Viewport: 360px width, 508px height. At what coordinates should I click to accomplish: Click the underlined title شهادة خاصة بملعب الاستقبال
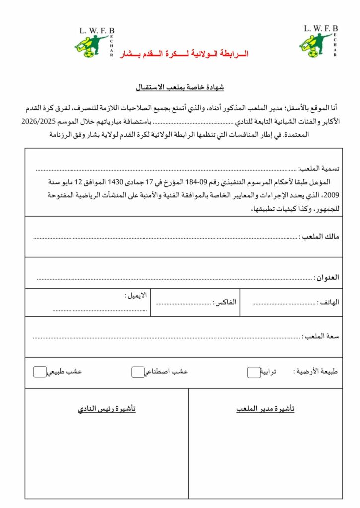click(x=180, y=87)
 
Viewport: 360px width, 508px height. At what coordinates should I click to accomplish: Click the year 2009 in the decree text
click(x=330, y=195)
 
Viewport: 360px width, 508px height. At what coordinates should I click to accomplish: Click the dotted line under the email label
click(x=100, y=310)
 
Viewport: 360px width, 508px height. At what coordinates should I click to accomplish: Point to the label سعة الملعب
click(x=321, y=336)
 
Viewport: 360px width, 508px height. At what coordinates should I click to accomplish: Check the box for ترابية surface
click(x=254, y=372)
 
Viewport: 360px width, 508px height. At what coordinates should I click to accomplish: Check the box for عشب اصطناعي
click(x=138, y=372)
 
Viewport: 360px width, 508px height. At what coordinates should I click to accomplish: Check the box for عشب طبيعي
click(x=40, y=372)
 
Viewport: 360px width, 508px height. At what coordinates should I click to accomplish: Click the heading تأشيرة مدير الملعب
click(x=265, y=409)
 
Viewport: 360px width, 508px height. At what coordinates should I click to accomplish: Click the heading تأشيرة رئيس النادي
click(x=107, y=409)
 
